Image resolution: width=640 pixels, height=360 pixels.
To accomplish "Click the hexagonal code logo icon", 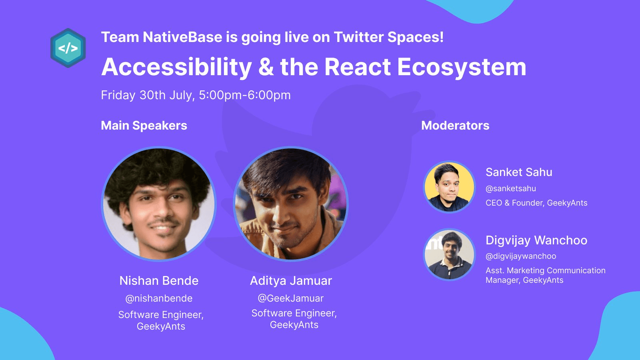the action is (68, 48).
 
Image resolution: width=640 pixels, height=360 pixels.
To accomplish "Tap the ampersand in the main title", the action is (266, 67).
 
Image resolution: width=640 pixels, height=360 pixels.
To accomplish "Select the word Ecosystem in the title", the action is (462, 68).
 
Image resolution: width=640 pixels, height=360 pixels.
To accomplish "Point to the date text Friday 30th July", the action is (148, 95).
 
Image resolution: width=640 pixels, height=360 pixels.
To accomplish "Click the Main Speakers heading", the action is (144, 126).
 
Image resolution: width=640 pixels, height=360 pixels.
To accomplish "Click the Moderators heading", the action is (455, 126).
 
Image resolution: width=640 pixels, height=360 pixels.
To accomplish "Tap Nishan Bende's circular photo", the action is (159, 204).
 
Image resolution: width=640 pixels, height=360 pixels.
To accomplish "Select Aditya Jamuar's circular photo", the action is (291, 204).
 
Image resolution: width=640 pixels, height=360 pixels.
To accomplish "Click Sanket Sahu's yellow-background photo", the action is (450, 187).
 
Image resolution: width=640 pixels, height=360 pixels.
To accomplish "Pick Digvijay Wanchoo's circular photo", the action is (450, 254).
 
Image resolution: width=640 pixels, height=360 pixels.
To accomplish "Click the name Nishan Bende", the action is (159, 280).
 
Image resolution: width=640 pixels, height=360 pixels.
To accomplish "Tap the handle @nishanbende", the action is (159, 298).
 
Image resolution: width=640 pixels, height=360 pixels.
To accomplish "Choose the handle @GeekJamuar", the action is (291, 298).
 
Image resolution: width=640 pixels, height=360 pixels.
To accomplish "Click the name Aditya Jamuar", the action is (291, 280).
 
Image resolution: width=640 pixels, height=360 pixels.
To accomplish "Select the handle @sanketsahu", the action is (511, 188).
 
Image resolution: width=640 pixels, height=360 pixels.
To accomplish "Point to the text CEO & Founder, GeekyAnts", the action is (536, 203).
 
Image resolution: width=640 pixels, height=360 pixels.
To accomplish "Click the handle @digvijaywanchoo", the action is (521, 256).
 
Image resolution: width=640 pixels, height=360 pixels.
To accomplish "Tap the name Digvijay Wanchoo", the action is (536, 240).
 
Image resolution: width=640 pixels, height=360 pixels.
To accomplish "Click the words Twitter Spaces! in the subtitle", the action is (388, 38).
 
